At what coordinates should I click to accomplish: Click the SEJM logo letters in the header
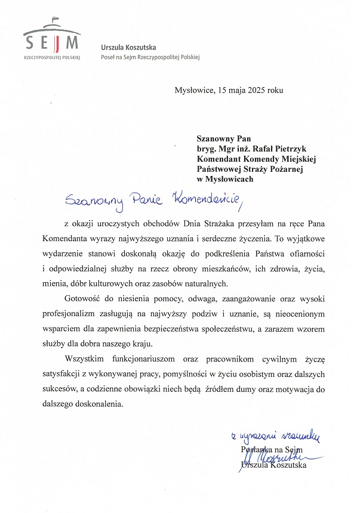(52, 42)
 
